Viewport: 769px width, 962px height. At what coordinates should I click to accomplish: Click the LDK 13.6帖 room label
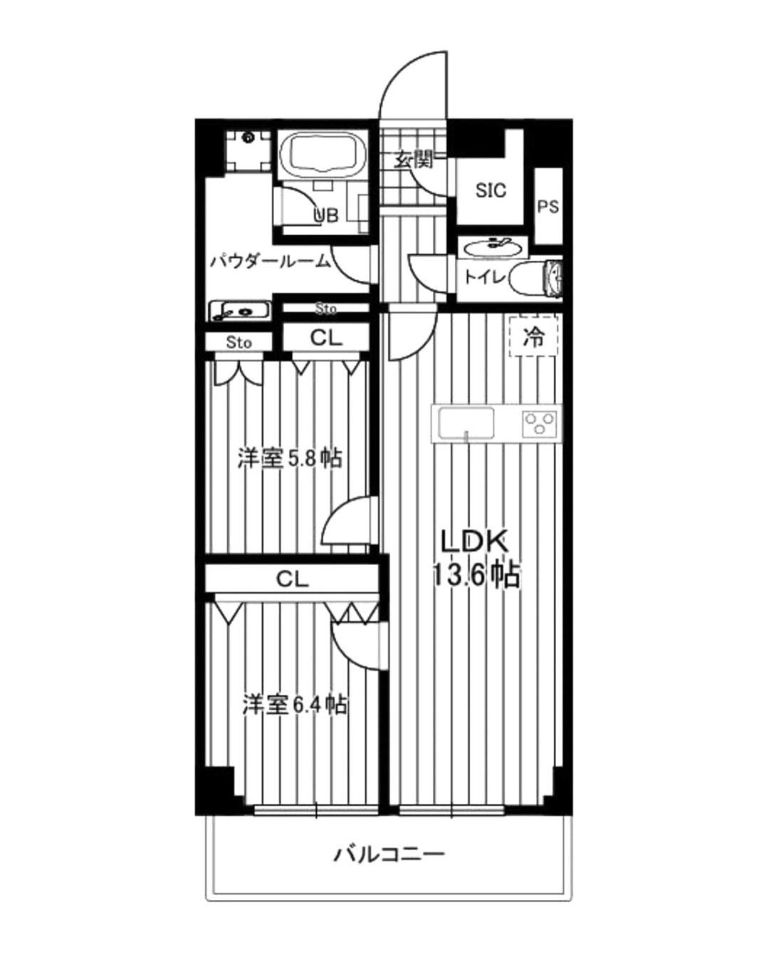pos(475,558)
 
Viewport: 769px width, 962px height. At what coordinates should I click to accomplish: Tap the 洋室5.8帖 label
pos(290,459)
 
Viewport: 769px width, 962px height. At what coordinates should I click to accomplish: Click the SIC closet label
pos(491,191)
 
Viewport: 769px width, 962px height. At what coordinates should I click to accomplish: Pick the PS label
pos(548,207)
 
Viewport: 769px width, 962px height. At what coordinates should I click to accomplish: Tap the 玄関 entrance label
pos(414,160)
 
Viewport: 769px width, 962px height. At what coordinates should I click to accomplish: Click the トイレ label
pos(485,278)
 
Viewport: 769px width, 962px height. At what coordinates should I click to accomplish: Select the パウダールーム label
pos(271,261)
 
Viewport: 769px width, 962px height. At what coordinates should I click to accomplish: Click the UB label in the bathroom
pos(326,216)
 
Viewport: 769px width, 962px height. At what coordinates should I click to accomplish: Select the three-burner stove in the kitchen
pos(539,423)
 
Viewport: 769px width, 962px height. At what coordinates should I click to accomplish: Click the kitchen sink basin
pos(466,423)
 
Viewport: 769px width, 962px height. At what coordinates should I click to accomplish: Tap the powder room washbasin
pos(239,310)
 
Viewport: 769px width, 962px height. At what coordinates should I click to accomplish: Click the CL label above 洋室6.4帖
pos(292,580)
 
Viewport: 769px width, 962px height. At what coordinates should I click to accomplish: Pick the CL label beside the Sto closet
pos(326,338)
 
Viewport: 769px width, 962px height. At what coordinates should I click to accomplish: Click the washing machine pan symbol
pos(247,150)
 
